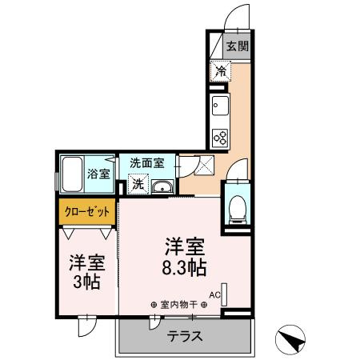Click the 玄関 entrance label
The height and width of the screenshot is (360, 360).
(235, 46)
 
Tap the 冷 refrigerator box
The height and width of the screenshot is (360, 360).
(220, 71)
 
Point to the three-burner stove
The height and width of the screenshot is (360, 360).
(220, 137)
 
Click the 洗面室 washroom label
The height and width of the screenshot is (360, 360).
(147, 162)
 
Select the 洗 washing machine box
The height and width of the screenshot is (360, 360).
(138, 184)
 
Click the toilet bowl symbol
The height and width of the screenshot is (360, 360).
(237, 209)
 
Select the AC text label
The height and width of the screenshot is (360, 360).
(214, 294)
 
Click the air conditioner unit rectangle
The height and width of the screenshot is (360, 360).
(225, 294)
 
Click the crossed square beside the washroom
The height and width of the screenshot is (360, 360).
(204, 166)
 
